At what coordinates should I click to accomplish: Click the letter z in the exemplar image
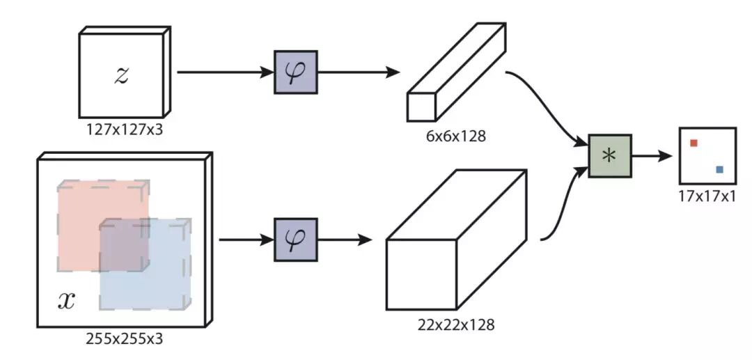pos(122,75)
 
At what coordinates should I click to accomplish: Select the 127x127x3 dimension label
pos(123,129)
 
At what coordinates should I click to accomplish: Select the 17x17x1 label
pos(707,196)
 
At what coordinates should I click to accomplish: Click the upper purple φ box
pos(295,72)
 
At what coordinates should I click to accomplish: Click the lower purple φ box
pos(295,240)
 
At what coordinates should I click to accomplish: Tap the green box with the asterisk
pos(609,156)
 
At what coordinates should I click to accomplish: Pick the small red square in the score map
pos(694,143)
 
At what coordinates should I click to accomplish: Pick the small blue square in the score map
pos(719,169)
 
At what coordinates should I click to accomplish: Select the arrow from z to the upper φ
pos(223,72)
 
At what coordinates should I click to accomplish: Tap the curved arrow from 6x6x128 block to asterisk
pos(550,104)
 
